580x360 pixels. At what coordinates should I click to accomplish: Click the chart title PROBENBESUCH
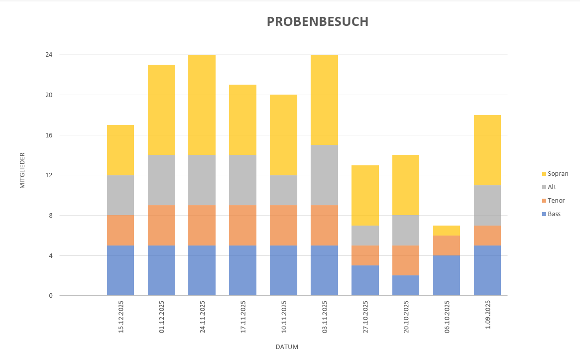pyautogui.click(x=318, y=22)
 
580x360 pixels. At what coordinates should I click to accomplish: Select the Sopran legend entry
pyautogui.click(x=558, y=174)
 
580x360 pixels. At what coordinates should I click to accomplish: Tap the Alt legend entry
pyautogui.click(x=552, y=187)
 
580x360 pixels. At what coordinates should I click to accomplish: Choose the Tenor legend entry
pyautogui.click(x=556, y=201)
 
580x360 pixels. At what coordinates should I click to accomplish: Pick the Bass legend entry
pyautogui.click(x=554, y=214)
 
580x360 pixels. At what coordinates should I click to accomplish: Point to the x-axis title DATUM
pyautogui.click(x=287, y=347)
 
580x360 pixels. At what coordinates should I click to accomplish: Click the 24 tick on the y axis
pyautogui.click(x=49, y=54)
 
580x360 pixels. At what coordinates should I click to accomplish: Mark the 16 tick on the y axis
pyautogui.click(x=49, y=135)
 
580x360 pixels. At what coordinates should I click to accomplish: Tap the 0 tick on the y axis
pyautogui.click(x=50, y=296)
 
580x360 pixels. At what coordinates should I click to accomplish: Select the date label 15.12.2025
pyautogui.click(x=121, y=317)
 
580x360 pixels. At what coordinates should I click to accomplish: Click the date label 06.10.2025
pyautogui.click(x=447, y=317)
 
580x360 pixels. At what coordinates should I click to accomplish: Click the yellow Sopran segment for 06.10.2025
pyautogui.click(x=447, y=231)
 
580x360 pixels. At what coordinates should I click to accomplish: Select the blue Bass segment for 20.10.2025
pyautogui.click(x=406, y=285)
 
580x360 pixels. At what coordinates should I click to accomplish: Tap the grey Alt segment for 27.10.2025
pyautogui.click(x=365, y=236)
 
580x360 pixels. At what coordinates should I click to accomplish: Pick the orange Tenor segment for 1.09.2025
pyautogui.click(x=487, y=236)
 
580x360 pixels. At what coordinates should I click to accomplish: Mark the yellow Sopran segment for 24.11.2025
pyautogui.click(x=202, y=105)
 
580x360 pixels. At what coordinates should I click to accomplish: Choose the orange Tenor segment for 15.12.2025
pyautogui.click(x=120, y=231)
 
